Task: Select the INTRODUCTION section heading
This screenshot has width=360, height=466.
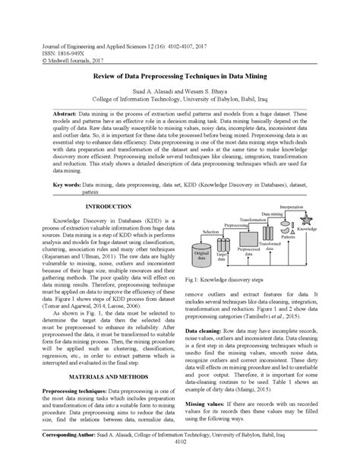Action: click(107, 207)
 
